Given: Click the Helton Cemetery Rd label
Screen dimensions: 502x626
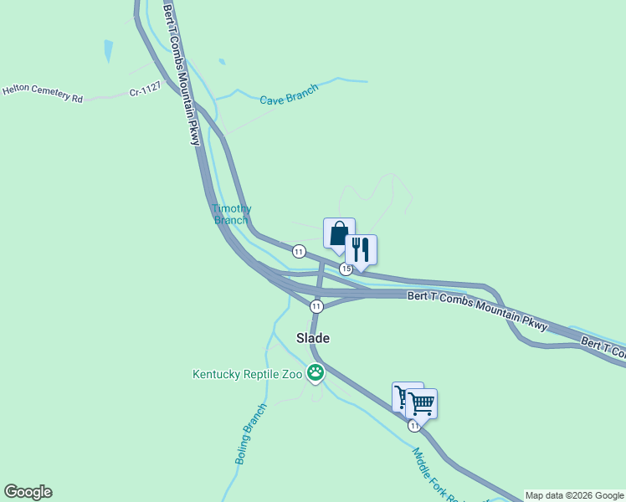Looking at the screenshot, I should (x=43, y=93).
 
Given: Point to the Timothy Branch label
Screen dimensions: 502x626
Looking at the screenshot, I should (x=231, y=214).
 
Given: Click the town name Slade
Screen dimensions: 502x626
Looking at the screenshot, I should (x=313, y=338).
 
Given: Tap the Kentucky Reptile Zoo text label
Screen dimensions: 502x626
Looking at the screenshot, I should (x=247, y=375).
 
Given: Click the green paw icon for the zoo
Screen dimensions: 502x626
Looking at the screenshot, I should (x=316, y=373).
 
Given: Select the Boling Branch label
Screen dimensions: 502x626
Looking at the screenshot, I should (x=250, y=434).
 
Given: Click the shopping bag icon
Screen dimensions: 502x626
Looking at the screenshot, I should (x=339, y=233).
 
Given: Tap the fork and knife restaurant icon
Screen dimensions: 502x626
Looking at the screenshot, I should (x=361, y=249).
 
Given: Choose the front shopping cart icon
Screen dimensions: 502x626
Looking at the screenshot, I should (x=421, y=403).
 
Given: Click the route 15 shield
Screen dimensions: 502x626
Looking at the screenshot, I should (x=346, y=269).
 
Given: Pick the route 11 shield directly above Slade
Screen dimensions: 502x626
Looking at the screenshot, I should (x=316, y=306).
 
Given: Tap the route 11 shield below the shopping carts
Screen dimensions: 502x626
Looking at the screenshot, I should (x=414, y=426).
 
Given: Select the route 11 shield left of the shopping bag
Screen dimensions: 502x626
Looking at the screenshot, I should (x=298, y=251).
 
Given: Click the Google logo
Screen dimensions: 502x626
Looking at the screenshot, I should (x=28, y=492).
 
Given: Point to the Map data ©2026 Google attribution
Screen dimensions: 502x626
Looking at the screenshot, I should (x=574, y=495).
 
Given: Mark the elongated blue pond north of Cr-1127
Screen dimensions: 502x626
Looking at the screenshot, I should (x=108, y=51).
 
